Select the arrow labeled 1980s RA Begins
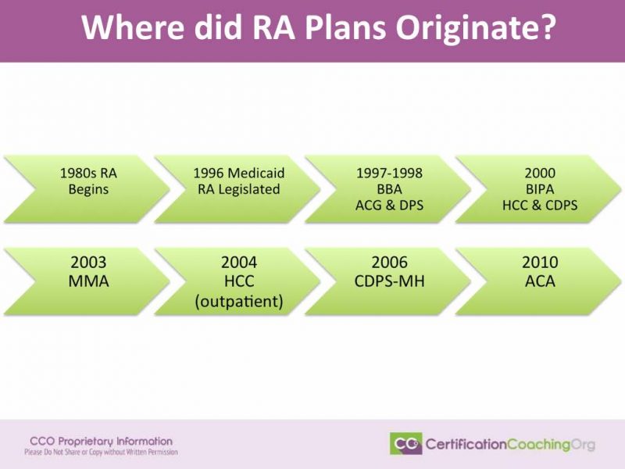(87, 181)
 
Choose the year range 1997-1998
(388, 172)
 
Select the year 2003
(87, 263)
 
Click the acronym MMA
(87, 281)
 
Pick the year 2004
(238, 263)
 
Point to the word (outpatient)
(238, 301)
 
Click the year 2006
(388, 263)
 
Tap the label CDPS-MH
(388, 281)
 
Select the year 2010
(539, 263)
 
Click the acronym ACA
(539, 281)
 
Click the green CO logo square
(405, 443)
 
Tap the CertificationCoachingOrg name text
(509, 444)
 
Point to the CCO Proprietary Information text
(101, 442)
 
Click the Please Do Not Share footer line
(101, 453)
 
